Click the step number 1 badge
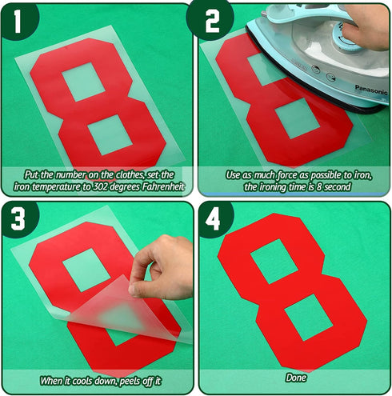tap(18, 22)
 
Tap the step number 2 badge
tap(211, 21)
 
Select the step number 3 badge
tap(18, 219)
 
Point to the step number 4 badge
tap(214, 219)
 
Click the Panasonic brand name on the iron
tap(371, 90)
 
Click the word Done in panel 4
tap(296, 378)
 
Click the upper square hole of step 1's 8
tap(83, 82)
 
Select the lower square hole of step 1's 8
tap(110, 134)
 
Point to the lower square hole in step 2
tap(297, 118)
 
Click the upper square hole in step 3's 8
tap(86, 270)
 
